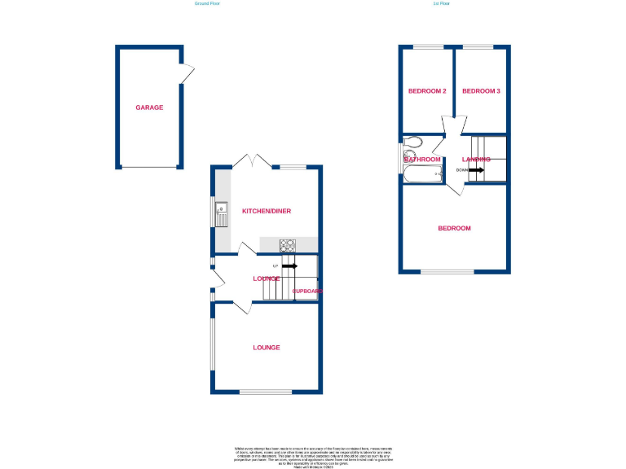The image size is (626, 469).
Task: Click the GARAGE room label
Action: pos(149,107)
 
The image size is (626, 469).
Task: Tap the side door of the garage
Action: pos(188,74)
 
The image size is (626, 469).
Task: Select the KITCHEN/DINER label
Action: pos(267,211)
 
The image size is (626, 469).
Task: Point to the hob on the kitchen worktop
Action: pos(288,244)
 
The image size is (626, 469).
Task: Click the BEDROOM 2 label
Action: pos(427,91)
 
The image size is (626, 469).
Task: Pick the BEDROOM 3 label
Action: pos(481,91)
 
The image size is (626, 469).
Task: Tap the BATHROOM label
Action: pos(423,160)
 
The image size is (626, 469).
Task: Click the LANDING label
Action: pos(476,160)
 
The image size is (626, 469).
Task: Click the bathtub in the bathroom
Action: pos(422,173)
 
